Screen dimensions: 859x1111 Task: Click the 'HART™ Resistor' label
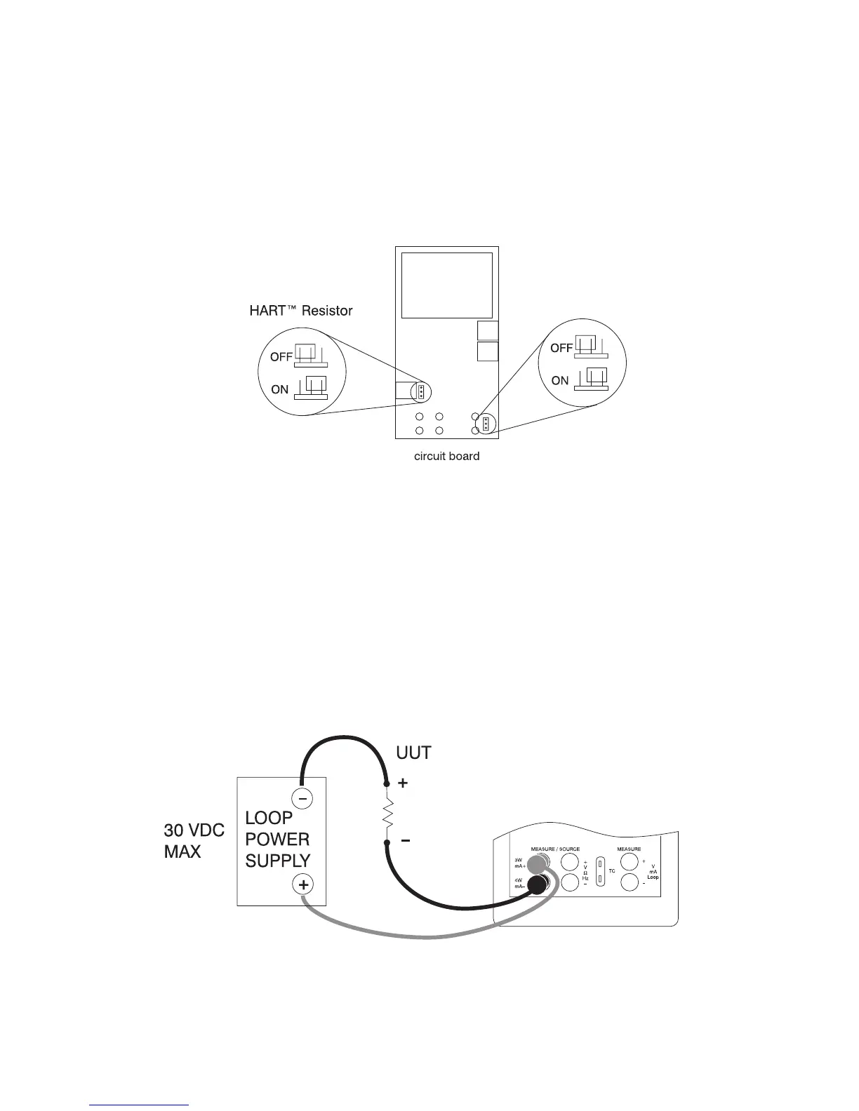(x=300, y=311)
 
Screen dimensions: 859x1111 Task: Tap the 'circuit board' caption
(x=446, y=456)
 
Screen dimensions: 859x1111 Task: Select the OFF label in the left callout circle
(x=281, y=357)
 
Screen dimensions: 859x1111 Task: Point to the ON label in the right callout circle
(x=559, y=381)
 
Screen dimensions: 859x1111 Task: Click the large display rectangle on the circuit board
(x=446, y=285)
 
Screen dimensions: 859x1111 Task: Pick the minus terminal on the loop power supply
(x=302, y=798)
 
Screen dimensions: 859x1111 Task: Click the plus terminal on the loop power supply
(x=302, y=885)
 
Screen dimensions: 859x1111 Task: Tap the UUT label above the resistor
(x=413, y=753)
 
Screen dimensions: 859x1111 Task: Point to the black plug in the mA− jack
(x=538, y=885)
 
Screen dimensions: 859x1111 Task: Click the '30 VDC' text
(x=194, y=830)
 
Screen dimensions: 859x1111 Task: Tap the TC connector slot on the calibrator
(x=600, y=871)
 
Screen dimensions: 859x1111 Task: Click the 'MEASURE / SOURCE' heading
(x=555, y=849)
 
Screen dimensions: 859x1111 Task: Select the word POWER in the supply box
(x=277, y=839)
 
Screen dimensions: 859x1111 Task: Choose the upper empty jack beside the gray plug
(x=569, y=861)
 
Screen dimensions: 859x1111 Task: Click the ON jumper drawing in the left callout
(x=311, y=388)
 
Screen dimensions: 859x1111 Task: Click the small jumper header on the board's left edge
(x=420, y=391)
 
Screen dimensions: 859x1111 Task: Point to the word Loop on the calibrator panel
(x=653, y=877)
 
